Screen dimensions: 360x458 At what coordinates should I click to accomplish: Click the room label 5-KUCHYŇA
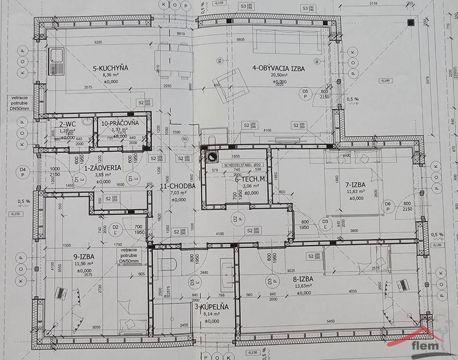tap(110, 68)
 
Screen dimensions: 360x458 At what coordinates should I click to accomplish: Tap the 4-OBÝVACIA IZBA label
tap(278, 68)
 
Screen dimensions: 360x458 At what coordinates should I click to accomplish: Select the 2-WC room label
tap(67, 124)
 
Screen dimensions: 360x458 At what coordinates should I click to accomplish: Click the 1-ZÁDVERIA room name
tap(102, 167)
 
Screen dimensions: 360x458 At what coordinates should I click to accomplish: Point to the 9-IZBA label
tap(85, 256)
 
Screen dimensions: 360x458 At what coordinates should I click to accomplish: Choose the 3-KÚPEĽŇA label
tap(211, 307)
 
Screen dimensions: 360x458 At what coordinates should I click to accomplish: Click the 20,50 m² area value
tap(279, 76)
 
